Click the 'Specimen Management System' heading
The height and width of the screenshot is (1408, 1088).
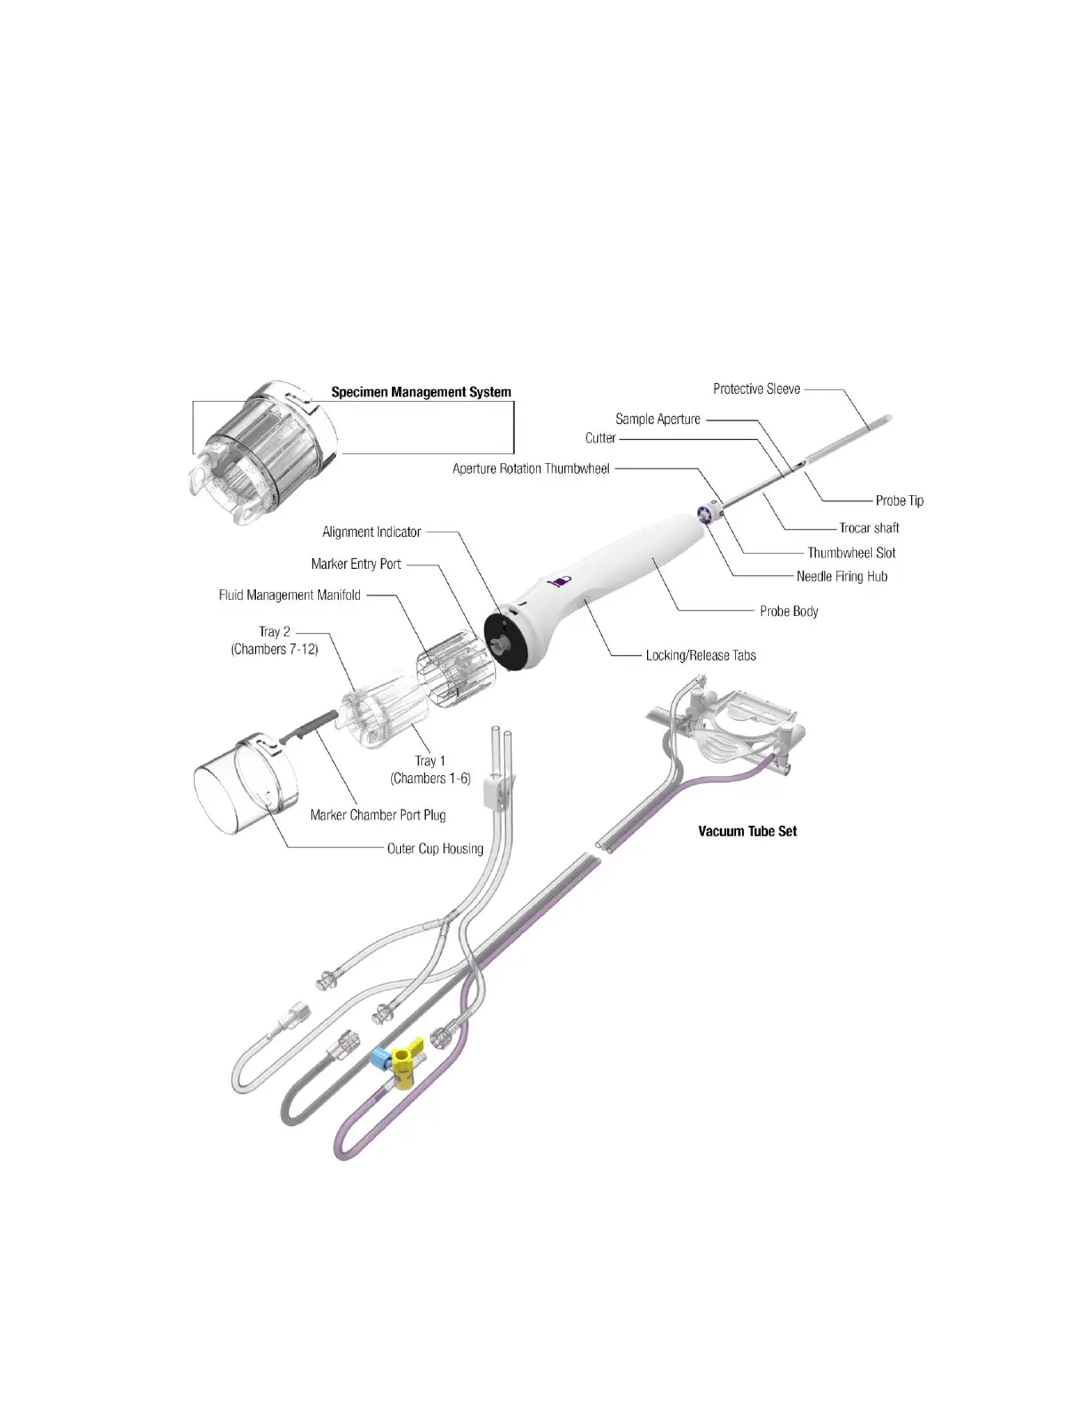[420, 391]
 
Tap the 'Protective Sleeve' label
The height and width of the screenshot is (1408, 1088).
[756, 388]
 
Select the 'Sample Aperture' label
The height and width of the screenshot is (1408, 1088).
[658, 419]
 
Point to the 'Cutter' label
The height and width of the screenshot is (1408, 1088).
[600, 438]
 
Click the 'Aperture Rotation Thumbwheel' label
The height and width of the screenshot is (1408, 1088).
[531, 468]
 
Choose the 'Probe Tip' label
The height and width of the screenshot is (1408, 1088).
[899, 500]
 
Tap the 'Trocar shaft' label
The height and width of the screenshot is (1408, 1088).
[868, 528]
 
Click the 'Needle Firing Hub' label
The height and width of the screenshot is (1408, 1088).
[841, 576]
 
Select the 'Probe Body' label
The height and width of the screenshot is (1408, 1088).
[788, 611]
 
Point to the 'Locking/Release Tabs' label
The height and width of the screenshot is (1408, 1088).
[700, 655]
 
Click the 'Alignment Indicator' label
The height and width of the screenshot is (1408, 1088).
[372, 532]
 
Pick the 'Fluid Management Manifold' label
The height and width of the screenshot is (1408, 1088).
[290, 595]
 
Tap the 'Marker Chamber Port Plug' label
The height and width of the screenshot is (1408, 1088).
[378, 814]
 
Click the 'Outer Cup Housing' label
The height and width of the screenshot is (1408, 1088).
[435, 848]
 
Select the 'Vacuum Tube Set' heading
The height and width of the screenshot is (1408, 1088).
[747, 831]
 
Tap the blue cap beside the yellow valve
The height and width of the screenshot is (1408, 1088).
[380, 1057]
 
